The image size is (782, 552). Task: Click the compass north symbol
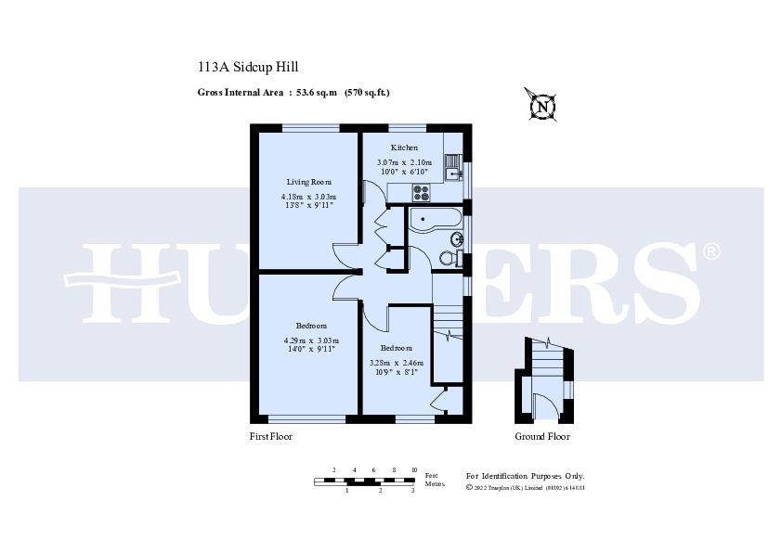pyautogui.click(x=540, y=106)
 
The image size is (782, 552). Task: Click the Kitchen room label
pyautogui.click(x=404, y=148)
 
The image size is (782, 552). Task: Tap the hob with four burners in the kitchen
pyautogui.click(x=421, y=193)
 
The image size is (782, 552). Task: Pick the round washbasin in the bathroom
pyautogui.click(x=455, y=239)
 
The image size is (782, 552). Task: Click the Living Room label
pyautogui.click(x=308, y=182)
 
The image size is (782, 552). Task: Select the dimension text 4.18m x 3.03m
pyautogui.click(x=308, y=197)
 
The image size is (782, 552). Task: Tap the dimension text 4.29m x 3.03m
pyautogui.click(x=311, y=340)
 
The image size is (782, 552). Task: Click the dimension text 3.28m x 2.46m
pyautogui.click(x=396, y=363)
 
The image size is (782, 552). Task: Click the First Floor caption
pyautogui.click(x=271, y=436)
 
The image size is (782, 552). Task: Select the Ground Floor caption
pyautogui.click(x=542, y=436)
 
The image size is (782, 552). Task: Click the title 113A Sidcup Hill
pyautogui.click(x=248, y=67)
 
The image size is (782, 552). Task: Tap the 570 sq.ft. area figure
pyautogui.click(x=367, y=92)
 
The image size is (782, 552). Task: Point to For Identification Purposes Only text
pyautogui.click(x=525, y=475)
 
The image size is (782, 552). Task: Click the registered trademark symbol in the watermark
pyautogui.click(x=710, y=251)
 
